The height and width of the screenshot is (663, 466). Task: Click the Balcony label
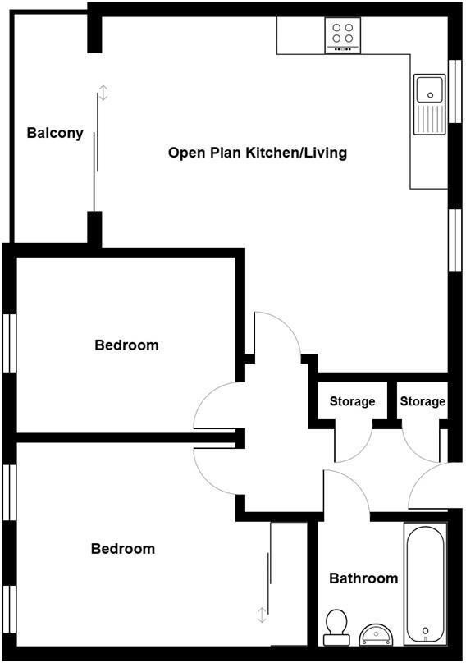click(55, 133)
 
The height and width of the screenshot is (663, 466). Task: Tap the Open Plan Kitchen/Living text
click(257, 153)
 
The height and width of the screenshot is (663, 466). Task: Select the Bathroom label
click(363, 578)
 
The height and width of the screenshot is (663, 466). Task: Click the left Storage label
click(352, 401)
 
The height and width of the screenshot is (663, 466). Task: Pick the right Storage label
click(423, 401)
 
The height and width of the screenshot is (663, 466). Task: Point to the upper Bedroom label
click(126, 345)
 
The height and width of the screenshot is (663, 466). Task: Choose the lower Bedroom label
click(122, 549)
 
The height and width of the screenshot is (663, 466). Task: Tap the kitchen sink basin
click(428, 89)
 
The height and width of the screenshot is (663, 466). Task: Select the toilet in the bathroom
click(335, 628)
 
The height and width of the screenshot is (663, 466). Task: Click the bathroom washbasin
click(378, 633)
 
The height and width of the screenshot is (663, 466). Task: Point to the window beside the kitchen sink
click(454, 90)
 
